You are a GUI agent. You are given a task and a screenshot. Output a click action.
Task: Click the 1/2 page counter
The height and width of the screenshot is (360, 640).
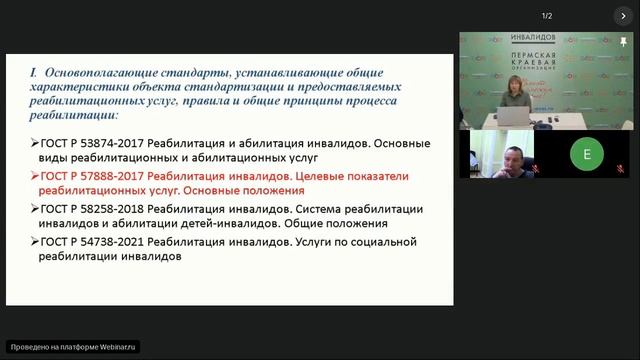point(547,16)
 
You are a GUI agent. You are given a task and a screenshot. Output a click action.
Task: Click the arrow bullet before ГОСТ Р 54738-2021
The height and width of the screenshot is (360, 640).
point(35,242)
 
